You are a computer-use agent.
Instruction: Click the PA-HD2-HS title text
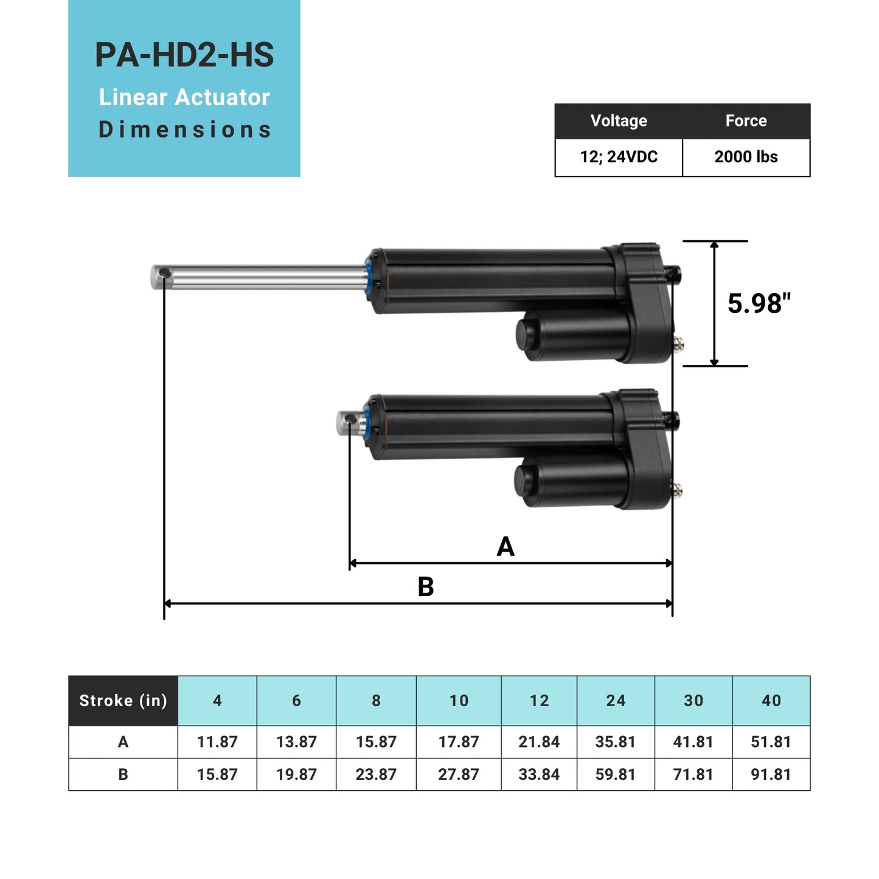coord(184,55)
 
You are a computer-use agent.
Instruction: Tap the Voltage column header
coord(619,120)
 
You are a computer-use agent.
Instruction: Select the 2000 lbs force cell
coord(746,157)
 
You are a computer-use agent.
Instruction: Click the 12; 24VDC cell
coord(619,157)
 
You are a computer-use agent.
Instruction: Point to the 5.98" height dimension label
coord(759,304)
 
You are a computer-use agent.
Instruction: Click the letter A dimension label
coord(506,546)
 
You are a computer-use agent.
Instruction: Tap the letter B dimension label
coord(426,587)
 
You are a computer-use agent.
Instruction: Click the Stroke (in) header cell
coord(123,701)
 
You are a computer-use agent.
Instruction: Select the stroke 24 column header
coord(616,701)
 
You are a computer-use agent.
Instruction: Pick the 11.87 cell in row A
coord(217,742)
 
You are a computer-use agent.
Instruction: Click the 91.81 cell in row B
coord(771,774)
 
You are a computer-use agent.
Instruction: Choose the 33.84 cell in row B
coord(539,774)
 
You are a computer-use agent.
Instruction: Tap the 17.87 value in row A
coord(459,742)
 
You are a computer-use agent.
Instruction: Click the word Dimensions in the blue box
coord(184,130)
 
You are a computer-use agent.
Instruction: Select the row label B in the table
coord(123,774)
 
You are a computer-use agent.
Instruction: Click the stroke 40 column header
coord(771,701)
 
